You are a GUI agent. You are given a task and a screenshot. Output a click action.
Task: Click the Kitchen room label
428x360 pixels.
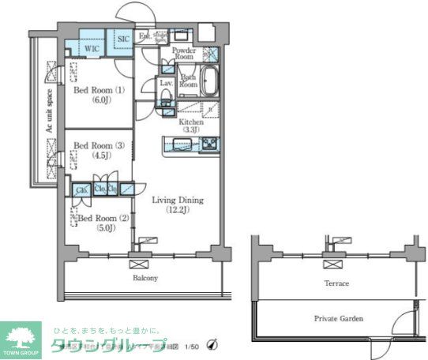tap(191, 127)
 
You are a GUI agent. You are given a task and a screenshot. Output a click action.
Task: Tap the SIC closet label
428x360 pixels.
tap(123, 39)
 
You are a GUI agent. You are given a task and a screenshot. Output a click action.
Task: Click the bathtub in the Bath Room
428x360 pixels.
tap(210, 82)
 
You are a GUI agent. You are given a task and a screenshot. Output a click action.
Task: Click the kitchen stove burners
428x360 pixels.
tap(209, 144)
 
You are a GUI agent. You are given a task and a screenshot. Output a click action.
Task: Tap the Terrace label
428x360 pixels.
tap(336, 283)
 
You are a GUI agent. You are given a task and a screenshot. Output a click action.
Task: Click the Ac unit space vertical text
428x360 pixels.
tap(48, 111)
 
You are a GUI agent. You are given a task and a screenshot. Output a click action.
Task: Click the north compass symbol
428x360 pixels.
tap(211, 344)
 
